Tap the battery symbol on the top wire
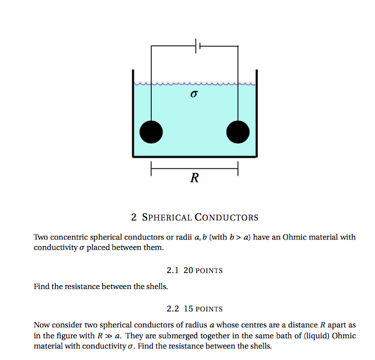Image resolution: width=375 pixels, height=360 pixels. pos(198,45)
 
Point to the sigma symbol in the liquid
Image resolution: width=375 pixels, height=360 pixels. pos(194,94)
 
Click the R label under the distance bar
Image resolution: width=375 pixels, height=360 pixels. pos(195,177)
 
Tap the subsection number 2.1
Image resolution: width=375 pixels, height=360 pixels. pos(172,270)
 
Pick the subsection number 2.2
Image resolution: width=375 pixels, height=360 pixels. pos(172,309)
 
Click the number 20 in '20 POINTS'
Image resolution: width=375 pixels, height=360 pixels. pos(188,270)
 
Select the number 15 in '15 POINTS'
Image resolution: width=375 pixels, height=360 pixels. pos(188,309)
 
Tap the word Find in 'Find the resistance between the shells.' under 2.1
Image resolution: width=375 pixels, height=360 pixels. pos(42,286)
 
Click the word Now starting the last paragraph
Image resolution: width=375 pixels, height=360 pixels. pos(42,325)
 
